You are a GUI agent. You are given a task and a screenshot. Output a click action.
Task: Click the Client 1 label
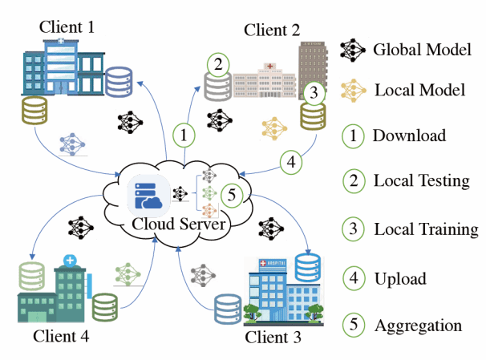(x=67, y=27)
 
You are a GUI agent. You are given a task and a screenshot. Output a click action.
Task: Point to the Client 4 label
(x=61, y=335)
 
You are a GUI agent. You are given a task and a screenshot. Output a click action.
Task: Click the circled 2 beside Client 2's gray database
(x=218, y=64)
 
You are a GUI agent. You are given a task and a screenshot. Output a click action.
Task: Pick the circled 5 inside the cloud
(x=232, y=193)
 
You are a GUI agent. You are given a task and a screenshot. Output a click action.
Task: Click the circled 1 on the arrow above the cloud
(x=185, y=134)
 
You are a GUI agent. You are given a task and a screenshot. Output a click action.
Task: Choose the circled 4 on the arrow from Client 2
(x=292, y=161)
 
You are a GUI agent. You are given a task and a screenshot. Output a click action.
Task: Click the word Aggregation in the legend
(x=417, y=326)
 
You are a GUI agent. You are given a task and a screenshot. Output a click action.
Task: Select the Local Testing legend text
(x=421, y=180)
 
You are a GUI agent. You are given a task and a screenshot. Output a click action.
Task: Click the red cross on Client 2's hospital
(x=270, y=65)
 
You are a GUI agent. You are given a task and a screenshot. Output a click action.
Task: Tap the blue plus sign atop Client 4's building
(x=71, y=261)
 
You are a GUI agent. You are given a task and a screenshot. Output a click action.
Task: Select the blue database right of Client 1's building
(x=119, y=79)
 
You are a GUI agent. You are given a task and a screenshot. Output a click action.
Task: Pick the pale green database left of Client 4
(x=30, y=277)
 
